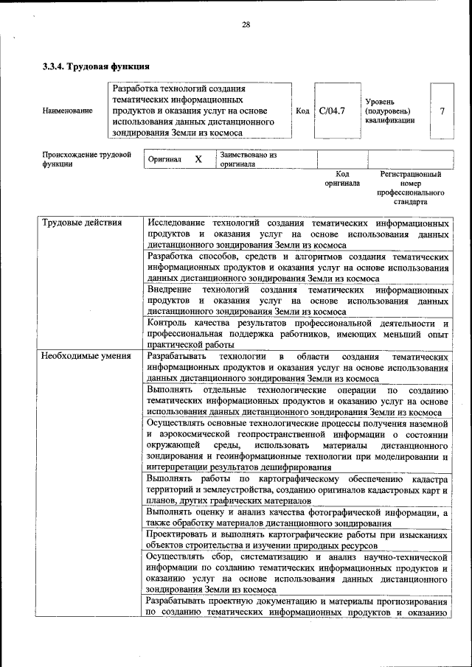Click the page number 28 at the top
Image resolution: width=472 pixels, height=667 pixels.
tap(246, 24)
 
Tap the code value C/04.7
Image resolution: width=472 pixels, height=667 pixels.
tap(333, 111)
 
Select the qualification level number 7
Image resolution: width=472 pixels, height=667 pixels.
tap(442, 111)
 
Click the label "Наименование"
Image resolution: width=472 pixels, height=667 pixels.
tap(68, 111)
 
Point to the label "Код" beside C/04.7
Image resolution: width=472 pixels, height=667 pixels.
tap(302, 111)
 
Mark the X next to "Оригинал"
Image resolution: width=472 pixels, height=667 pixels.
tap(198, 159)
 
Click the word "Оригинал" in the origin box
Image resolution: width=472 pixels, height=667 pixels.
tap(165, 159)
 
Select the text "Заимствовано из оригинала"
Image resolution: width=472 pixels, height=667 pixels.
tap(247, 160)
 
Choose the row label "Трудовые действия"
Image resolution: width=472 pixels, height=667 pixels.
tap(82, 223)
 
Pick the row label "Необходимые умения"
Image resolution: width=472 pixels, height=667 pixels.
tap(86, 356)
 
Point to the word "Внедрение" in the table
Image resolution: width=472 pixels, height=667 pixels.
tap(170, 290)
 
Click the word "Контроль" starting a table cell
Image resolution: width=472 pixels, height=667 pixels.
tap(168, 323)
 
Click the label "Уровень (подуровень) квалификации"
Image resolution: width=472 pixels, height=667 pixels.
tap(389, 111)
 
